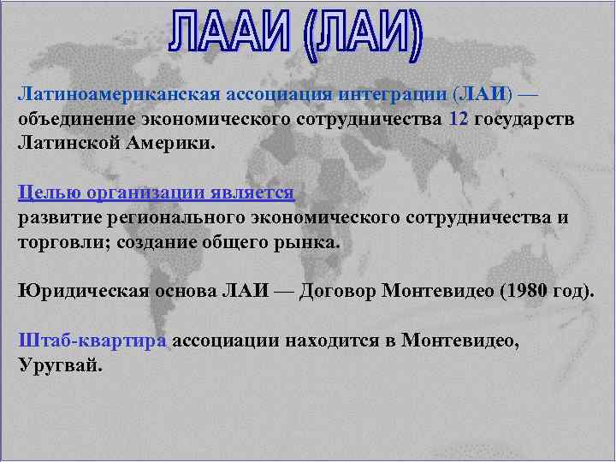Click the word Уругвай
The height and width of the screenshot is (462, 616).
tap(59, 366)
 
